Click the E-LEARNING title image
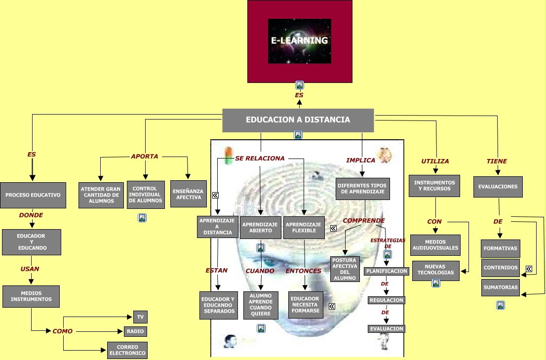tap(300, 41)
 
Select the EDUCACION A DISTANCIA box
tap(298, 120)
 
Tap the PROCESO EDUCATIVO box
tap(33, 195)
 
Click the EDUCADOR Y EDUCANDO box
tap(32, 242)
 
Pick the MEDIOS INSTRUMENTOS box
tap(31, 296)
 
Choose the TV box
tap(140, 317)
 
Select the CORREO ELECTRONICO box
tap(127, 350)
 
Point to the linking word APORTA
tap(145, 157)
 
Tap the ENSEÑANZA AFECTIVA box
tap(189, 194)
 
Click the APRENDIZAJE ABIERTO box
tap(261, 227)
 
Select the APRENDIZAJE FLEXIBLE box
tap(304, 227)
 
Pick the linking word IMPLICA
tap(361, 160)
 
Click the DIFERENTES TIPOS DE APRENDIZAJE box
tap(363, 189)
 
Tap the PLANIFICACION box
tap(387, 271)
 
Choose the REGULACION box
tap(386, 300)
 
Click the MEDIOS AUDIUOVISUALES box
tap(435, 245)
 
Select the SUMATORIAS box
tap(501, 287)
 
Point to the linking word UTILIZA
tap(435, 161)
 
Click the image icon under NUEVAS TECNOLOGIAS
tap(436, 283)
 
